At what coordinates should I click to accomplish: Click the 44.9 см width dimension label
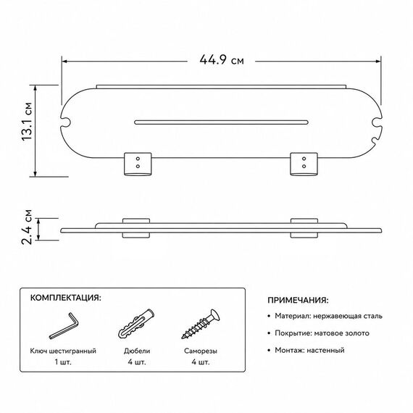tap(222, 60)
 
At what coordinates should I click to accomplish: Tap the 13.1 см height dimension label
tap(27, 122)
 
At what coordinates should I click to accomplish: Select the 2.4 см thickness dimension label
tap(27, 227)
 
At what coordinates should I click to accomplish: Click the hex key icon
tap(64, 325)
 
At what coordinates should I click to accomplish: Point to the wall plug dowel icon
tap(136, 324)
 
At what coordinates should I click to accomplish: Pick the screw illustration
tap(201, 324)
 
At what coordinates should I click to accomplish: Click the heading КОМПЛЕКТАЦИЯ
tap(66, 298)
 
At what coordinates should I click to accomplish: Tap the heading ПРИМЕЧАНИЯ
tap(299, 300)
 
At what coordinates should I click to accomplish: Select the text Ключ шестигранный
tap(63, 351)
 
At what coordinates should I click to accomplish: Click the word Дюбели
tap(137, 351)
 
